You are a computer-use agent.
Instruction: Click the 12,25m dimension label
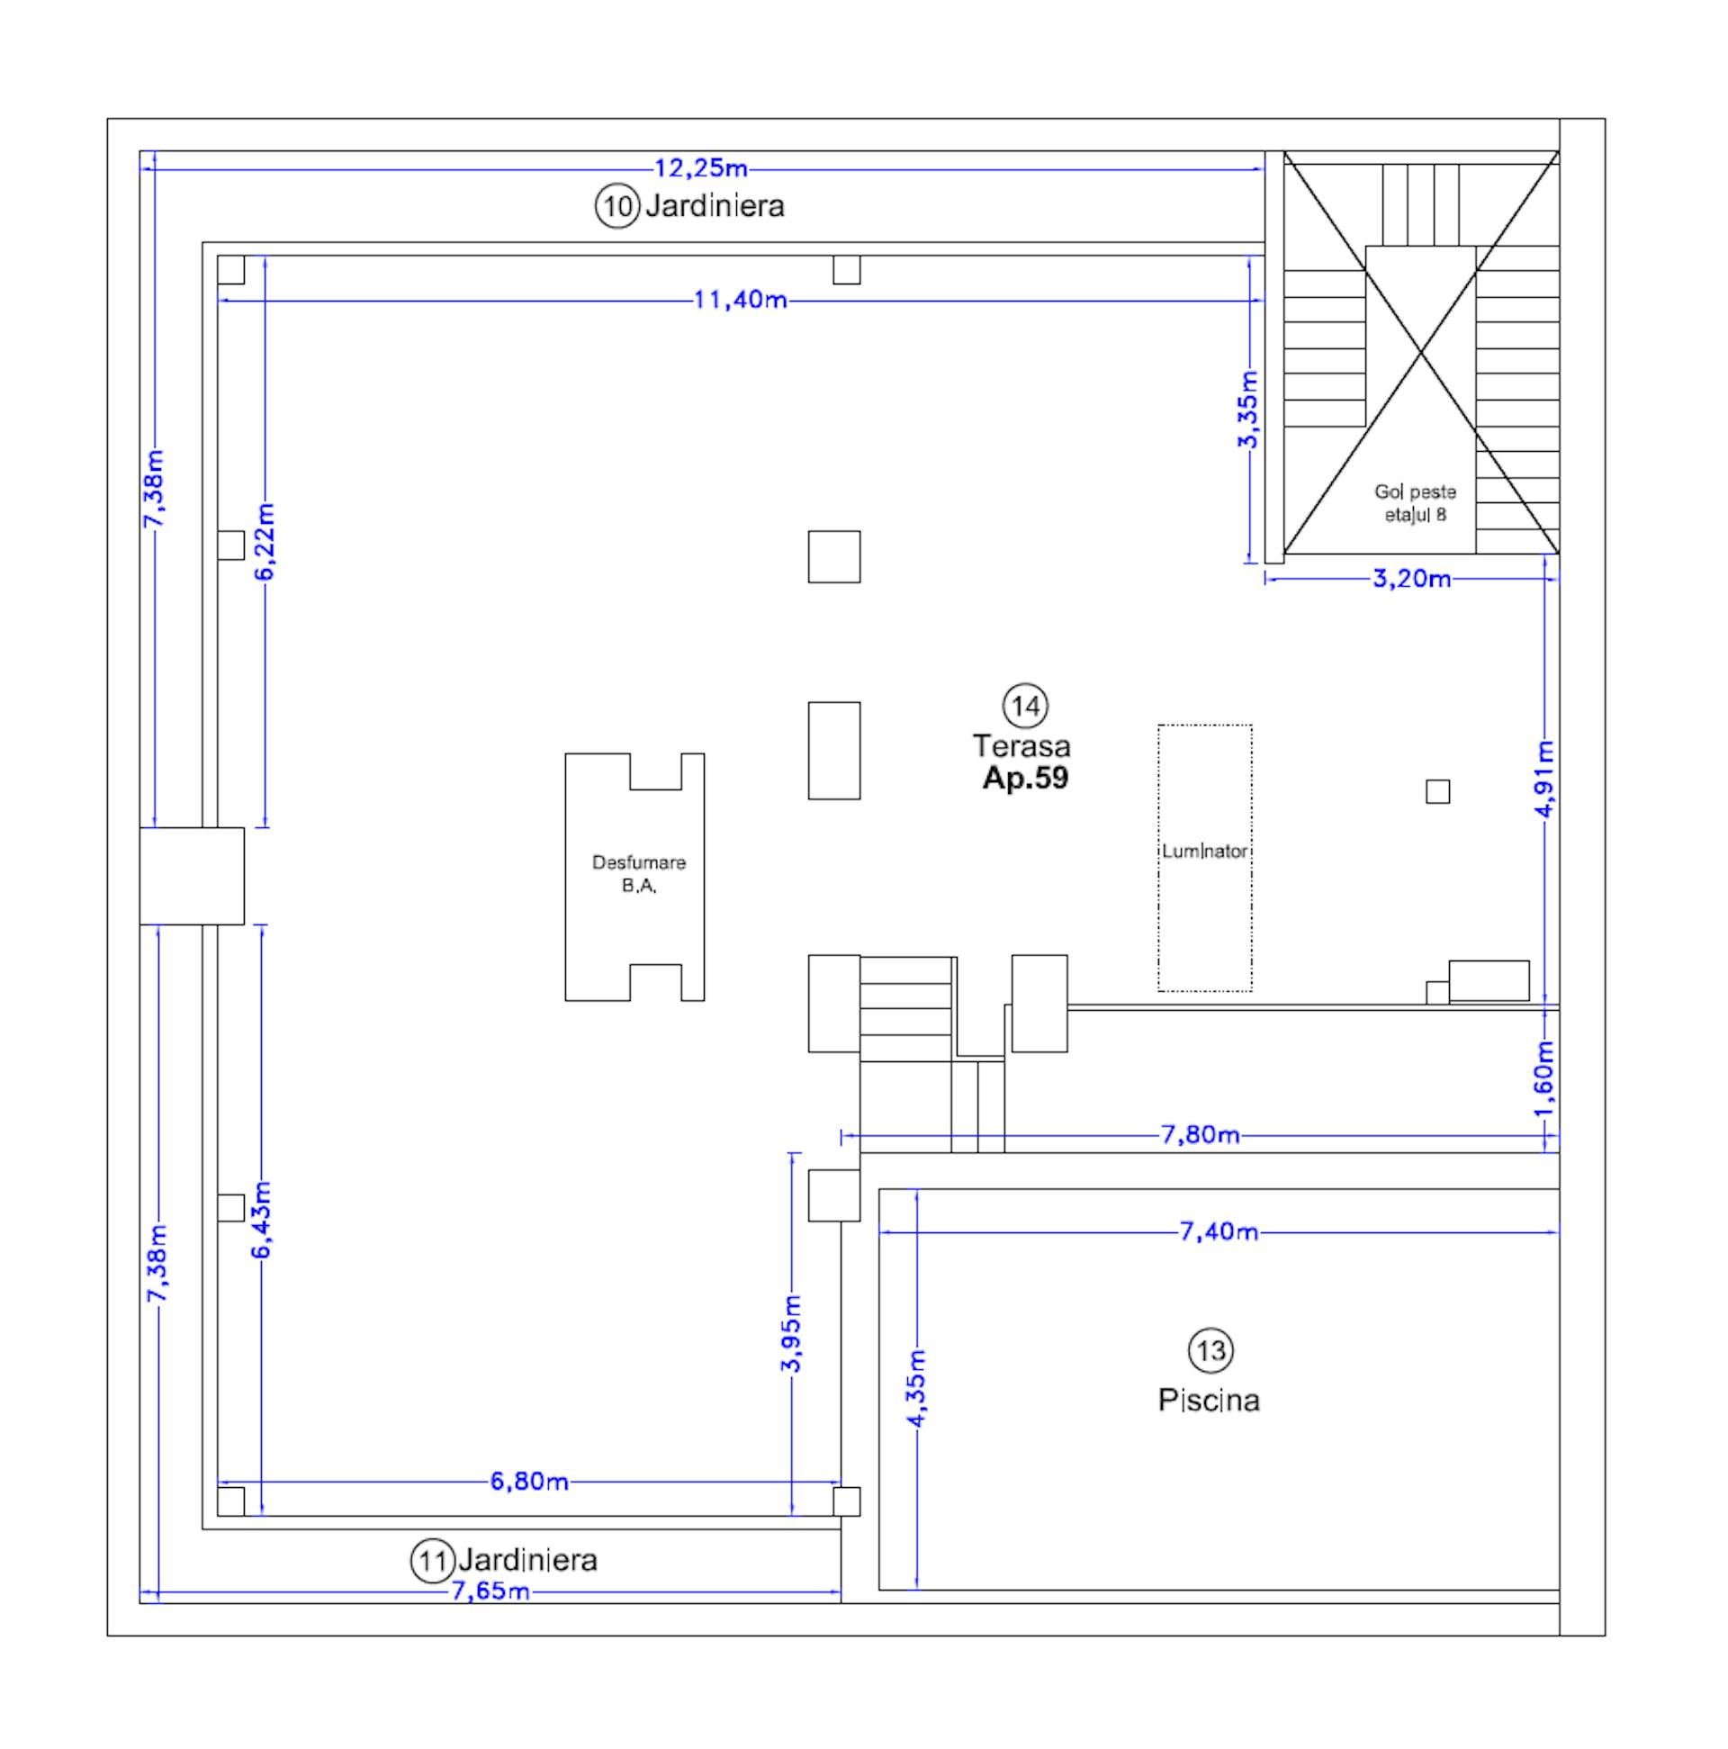700,168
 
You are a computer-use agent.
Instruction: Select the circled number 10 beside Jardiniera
617,206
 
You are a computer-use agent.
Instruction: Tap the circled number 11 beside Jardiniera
433,1561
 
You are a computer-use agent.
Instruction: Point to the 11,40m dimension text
740,300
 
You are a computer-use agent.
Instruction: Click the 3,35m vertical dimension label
1248,410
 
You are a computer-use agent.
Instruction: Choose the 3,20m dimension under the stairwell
1412,579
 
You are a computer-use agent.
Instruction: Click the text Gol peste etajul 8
1415,503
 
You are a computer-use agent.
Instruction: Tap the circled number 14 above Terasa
1026,705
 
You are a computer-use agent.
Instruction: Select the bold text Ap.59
1026,778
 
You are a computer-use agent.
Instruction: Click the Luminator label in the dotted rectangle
1205,852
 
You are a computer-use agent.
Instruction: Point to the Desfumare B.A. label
638,873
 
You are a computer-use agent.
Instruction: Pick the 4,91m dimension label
1546,779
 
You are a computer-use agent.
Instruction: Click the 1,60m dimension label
1546,1079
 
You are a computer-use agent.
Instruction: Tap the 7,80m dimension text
1201,1135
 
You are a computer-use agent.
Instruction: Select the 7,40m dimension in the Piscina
1219,1232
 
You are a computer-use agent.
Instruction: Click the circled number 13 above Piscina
1210,1352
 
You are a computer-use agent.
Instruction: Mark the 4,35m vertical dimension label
917,1389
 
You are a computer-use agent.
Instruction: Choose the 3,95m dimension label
792,1334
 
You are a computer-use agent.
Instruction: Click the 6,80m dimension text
529,1482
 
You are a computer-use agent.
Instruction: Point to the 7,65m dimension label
490,1591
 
